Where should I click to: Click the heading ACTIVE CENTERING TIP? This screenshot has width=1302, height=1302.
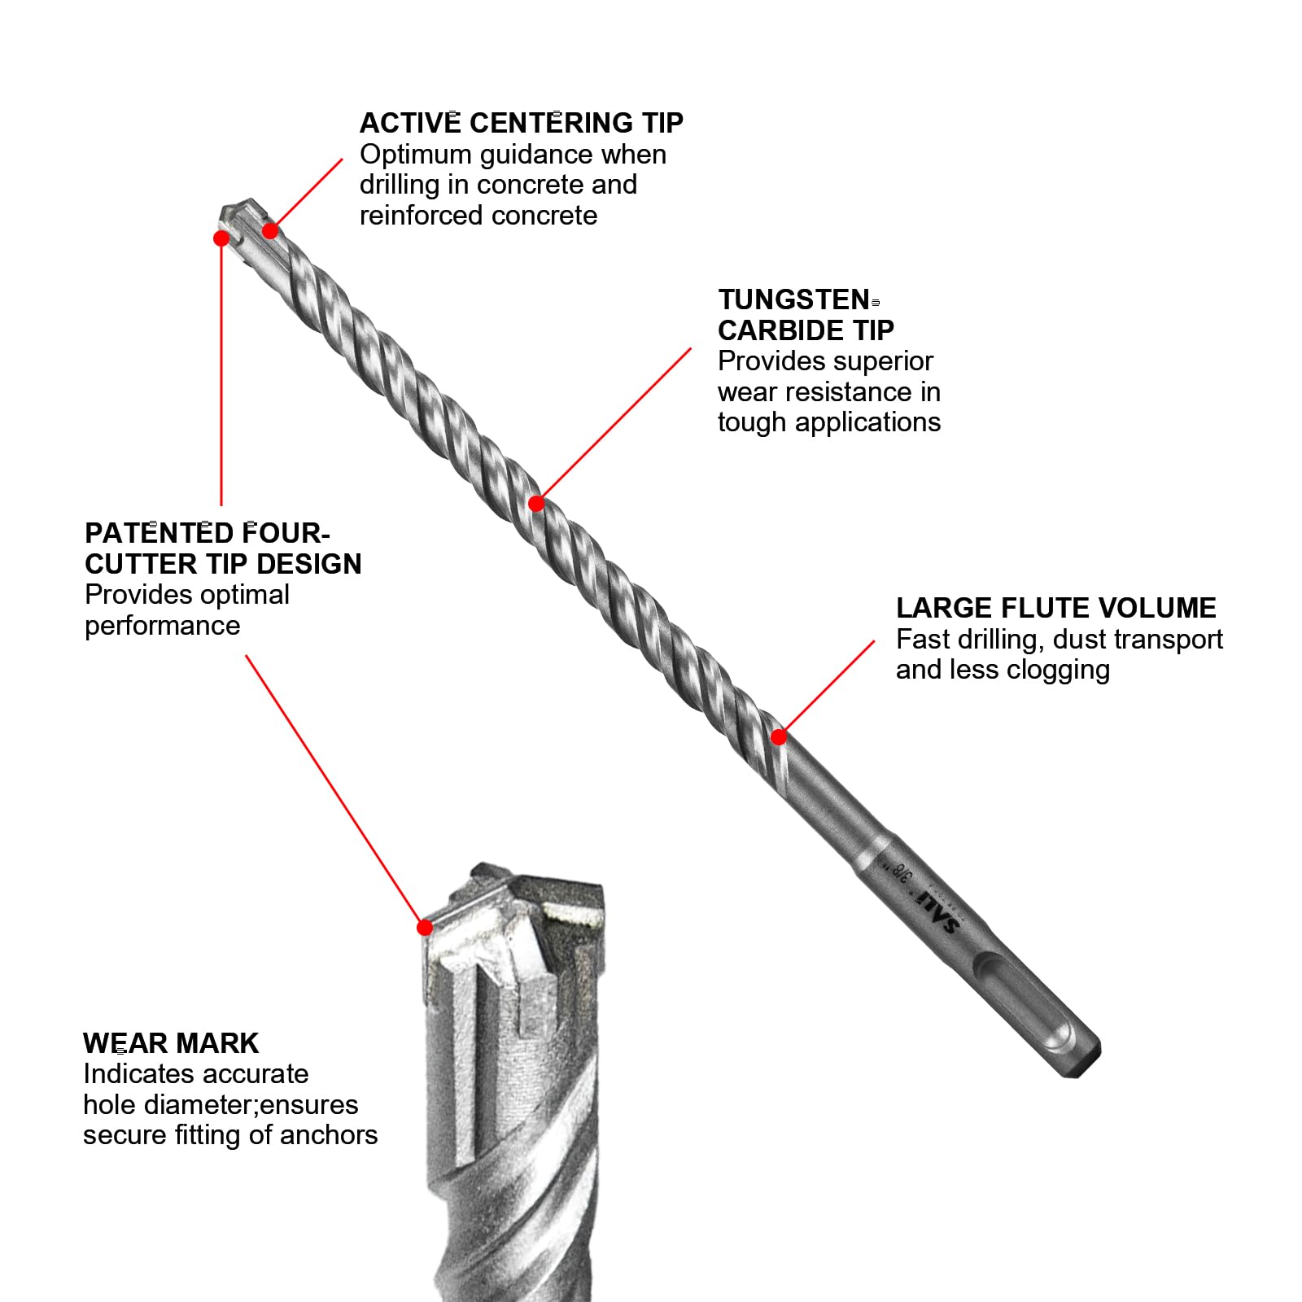[x=521, y=123]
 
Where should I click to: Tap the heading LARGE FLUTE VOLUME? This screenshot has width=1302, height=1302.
[x=1055, y=608]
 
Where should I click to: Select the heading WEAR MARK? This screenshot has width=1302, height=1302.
[x=170, y=1043]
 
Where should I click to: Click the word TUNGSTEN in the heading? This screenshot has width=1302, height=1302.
[x=794, y=299]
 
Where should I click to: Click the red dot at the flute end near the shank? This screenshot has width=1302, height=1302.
[x=779, y=737]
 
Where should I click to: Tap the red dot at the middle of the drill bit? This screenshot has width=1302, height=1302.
[x=536, y=504]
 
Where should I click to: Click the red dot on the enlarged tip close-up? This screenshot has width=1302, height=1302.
[x=424, y=928]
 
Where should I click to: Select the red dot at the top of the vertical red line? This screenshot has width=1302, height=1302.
[x=221, y=238]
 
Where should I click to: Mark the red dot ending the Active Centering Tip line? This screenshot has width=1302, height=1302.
[x=271, y=231]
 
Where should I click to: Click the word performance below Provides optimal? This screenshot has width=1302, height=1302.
[x=162, y=626]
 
